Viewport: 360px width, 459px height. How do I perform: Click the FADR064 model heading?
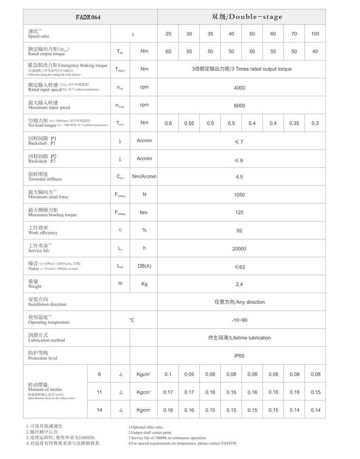[88, 17]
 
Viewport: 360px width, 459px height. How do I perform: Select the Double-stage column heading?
[247, 17]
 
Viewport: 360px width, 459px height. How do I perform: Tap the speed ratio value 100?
[315, 34]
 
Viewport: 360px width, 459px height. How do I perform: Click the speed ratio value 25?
[169, 34]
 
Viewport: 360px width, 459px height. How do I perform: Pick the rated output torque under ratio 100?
[315, 51]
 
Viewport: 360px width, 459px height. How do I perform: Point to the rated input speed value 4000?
[239, 87]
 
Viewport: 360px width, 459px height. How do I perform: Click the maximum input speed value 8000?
[239, 105]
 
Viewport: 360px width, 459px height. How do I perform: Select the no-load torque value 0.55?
[189, 123]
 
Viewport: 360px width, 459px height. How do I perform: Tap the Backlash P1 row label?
[42, 141]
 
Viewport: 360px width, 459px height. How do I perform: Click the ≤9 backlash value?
[239, 160]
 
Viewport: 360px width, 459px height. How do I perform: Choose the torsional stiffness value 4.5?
[239, 177]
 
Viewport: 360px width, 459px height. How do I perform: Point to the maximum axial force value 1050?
[239, 194]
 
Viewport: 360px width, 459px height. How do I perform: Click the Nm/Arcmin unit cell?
[144, 176]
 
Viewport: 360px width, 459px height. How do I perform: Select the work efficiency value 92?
[239, 230]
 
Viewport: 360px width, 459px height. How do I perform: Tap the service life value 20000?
[239, 248]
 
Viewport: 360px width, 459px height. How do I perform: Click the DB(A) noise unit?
[144, 266]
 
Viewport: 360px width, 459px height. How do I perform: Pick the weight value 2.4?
[239, 284]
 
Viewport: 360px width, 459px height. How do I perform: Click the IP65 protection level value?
[239, 355]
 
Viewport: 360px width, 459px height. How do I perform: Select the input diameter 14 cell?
[99, 410]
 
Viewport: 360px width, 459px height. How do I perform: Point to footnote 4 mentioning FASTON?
[182, 443]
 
